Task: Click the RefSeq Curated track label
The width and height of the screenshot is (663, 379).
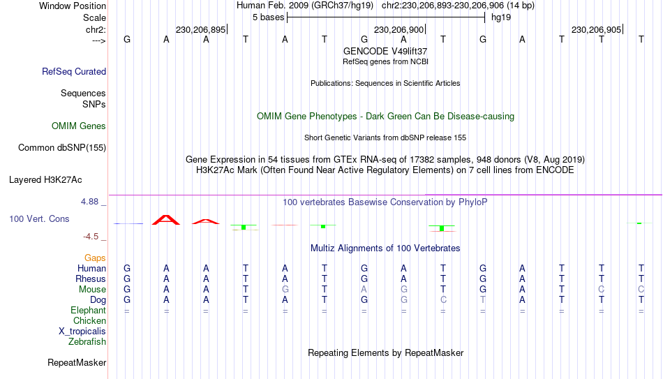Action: point(74,71)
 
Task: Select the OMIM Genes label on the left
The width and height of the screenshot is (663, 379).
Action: point(79,126)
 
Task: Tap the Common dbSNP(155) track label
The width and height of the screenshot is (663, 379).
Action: point(62,148)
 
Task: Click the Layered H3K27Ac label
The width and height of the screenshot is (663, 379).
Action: point(45,180)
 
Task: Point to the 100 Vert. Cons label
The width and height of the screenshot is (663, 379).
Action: point(39,218)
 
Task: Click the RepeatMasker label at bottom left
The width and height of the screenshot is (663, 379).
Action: point(77,362)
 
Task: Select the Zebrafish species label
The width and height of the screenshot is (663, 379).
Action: point(87,341)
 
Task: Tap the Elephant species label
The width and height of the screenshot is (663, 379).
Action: point(88,310)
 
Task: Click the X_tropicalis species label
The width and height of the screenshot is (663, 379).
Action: point(82,332)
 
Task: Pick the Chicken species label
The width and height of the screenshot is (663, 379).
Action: point(89,320)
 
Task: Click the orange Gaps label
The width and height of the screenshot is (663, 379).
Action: point(95,258)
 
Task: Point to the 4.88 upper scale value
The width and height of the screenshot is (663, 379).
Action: point(89,202)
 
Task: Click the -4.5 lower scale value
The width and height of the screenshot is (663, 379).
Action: point(91,237)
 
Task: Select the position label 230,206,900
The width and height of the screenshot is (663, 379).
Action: point(398,29)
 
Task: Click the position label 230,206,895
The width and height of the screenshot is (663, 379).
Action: point(200,29)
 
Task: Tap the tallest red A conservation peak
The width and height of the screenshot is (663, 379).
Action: point(166,220)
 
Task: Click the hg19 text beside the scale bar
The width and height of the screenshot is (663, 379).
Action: point(501,17)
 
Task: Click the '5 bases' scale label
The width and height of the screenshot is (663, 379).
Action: point(269,17)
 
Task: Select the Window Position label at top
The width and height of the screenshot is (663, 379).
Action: point(73,6)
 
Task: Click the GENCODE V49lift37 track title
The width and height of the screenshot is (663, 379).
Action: point(385,51)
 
